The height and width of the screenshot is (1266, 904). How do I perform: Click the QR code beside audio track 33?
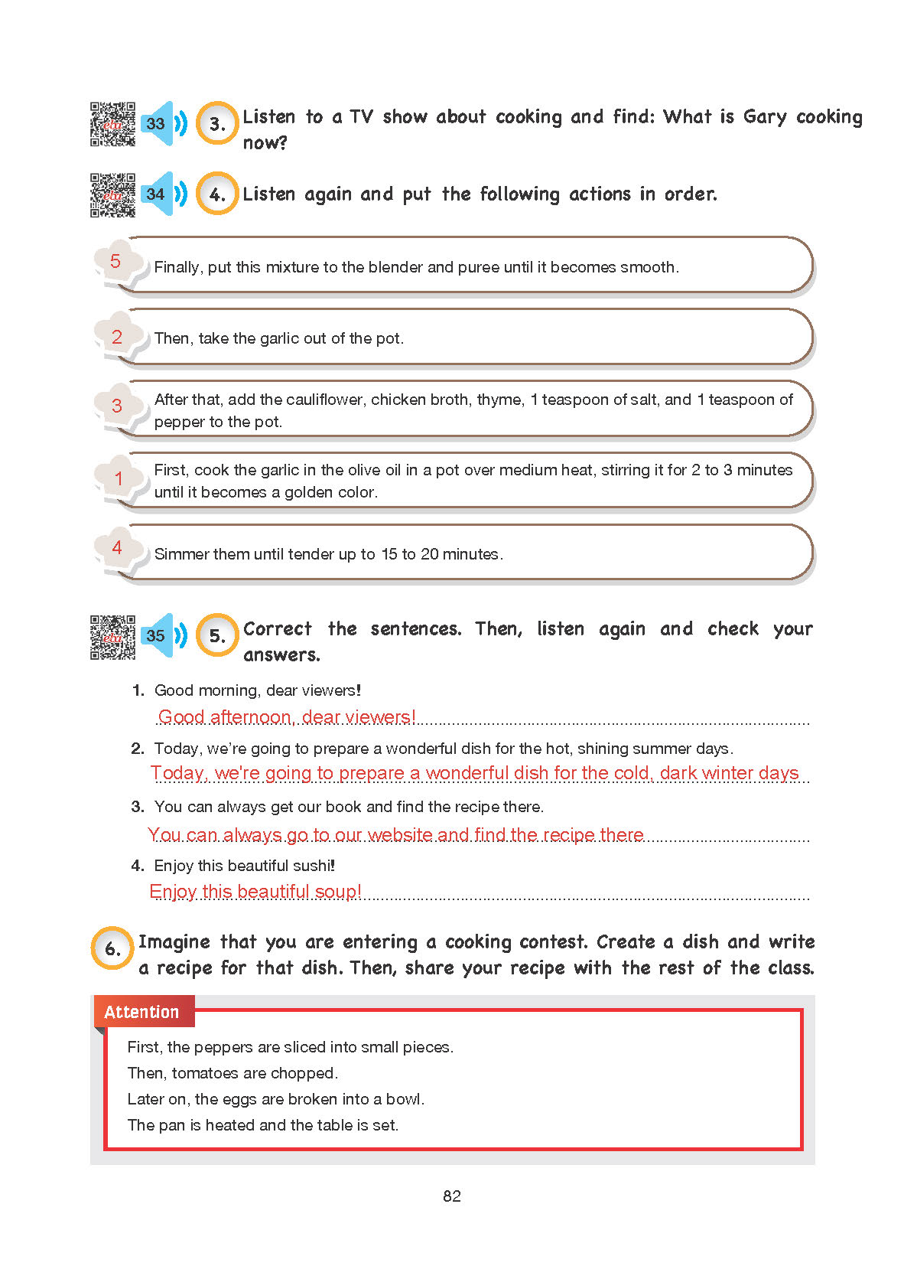click(x=112, y=124)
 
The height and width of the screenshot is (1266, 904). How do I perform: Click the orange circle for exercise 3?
click(x=217, y=123)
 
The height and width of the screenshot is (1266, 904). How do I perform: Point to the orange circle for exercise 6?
click(x=112, y=948)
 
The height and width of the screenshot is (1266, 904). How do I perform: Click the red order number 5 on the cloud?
click(x=115, y=261)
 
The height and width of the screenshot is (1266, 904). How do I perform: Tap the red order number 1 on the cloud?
click(x=118, y=478)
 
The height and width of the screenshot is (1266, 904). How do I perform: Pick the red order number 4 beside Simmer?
click(x=117, y=547)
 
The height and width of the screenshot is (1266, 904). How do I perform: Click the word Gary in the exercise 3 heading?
click(x=765, y=118)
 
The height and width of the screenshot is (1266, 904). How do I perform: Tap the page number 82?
click(x=452, y=1196)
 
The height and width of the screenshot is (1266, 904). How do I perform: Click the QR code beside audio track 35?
click(x=112, y=637)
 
